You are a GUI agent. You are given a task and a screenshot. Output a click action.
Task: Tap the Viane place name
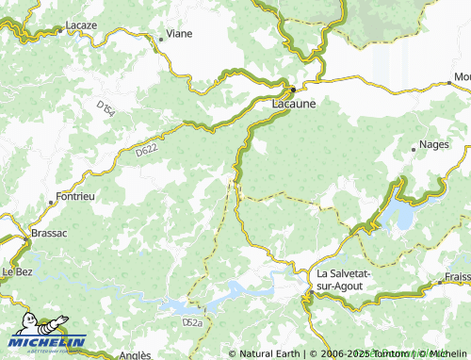[179, 34]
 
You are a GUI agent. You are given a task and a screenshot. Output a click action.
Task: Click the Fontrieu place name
[74, 197]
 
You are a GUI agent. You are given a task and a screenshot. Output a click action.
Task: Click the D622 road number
[145, 150]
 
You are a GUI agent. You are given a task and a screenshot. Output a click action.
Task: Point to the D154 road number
[109, 112]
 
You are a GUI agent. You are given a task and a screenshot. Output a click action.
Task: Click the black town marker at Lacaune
[293, 90]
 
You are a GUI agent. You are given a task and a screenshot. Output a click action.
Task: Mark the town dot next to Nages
[414, 148]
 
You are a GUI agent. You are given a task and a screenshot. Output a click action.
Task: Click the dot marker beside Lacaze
[60, 30]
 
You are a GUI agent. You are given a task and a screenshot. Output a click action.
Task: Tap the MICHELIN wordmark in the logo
[49, 340]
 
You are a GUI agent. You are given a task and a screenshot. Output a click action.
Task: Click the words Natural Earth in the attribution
[268, 353]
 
